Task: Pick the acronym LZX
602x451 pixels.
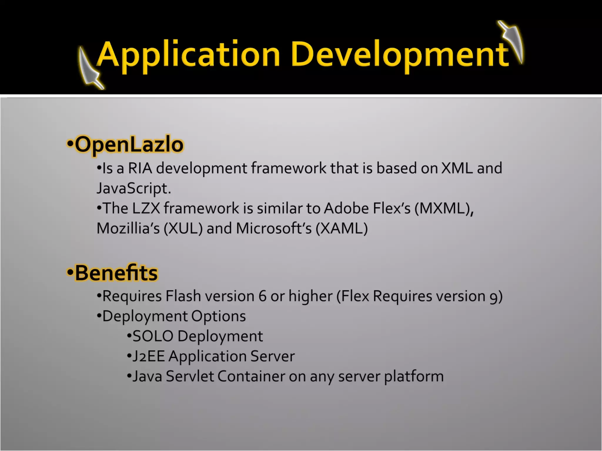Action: click(x=146, y=208)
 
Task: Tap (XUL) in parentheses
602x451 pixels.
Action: click(x=183, y=228)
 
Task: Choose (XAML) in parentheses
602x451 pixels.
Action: click(x=342, y=228)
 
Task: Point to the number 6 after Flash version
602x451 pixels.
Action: click(x=262, y=296)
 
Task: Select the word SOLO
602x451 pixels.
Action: click(x=153, y=336)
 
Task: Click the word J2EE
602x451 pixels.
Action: click(x=148, y=356)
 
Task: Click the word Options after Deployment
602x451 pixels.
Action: click(x=218, y=316)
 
